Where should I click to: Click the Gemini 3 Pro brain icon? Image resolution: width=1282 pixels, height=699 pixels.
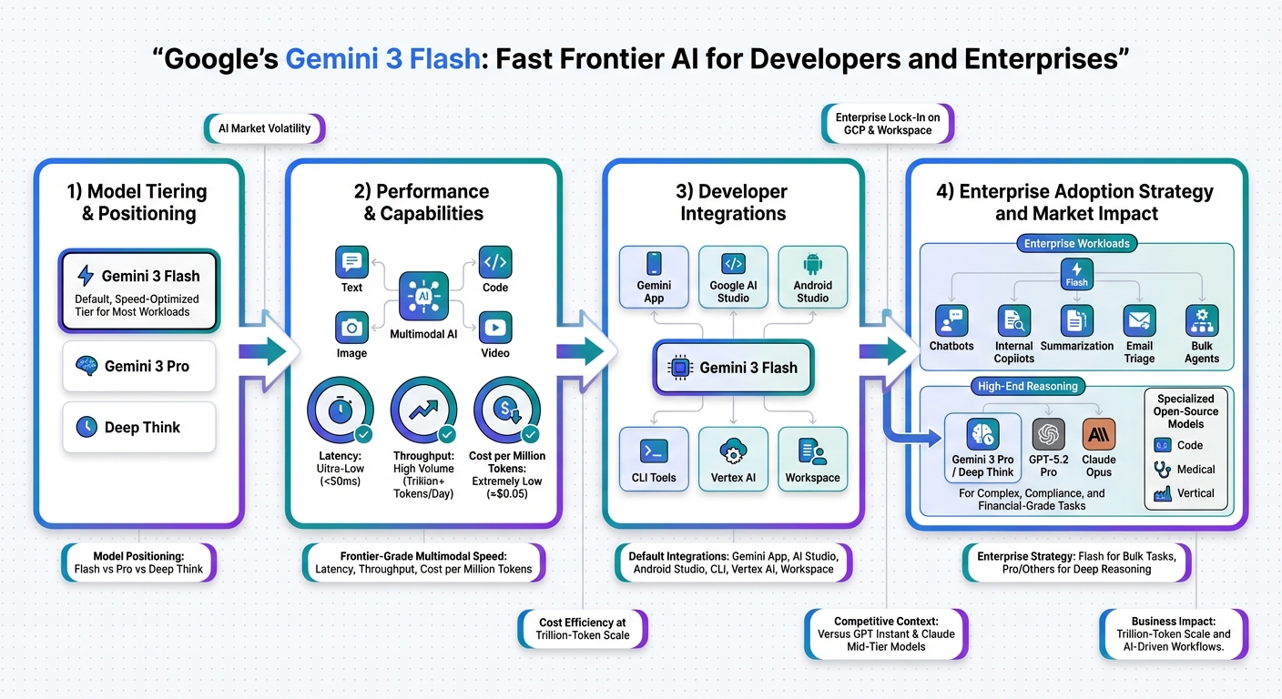[86, 366]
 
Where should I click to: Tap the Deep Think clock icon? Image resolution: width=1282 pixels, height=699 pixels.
[86, 427]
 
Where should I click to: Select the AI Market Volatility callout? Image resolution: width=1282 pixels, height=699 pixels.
[264, 128]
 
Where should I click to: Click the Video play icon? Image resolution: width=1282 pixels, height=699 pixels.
[495, 328]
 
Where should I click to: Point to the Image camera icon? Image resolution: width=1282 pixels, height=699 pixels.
[351, 328]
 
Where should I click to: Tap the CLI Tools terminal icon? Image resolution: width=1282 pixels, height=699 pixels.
[654, 451]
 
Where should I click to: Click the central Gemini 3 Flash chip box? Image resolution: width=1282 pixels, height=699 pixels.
[733, 368]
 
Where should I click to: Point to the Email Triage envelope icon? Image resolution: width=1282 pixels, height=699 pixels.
[1139, 321]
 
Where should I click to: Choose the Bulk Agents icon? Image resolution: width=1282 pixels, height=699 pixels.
[1202, 321]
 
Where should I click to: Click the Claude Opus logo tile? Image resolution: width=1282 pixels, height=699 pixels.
[1099, 435]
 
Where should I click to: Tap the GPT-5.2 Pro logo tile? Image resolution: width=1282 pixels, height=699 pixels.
[1049, 435]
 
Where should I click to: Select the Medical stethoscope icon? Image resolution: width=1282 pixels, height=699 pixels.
[1162, 470]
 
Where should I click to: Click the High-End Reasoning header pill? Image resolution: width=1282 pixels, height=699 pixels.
[1027, 387]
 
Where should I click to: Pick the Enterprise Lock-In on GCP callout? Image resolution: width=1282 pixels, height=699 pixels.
[887, 124]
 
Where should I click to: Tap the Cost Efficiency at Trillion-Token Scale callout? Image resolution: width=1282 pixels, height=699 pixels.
[583, 629]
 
